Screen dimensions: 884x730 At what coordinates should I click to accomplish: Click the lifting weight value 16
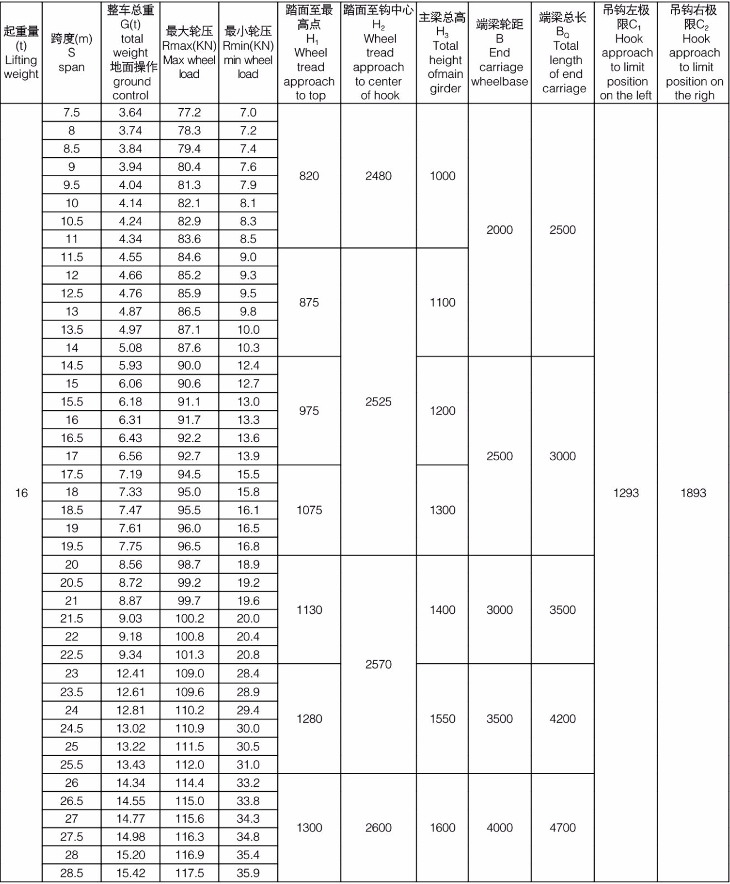[x=21, y=493]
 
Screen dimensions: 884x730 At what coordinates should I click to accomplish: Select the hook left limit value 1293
[x=626, y=493]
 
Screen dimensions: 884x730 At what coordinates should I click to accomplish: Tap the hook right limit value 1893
[x=693, y=493]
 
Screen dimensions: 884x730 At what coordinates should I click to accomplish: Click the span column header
[x=71, y=52]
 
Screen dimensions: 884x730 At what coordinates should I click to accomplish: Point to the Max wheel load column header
[x=189, y=52]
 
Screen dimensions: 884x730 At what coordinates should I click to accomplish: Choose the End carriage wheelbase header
[x=500, y=52]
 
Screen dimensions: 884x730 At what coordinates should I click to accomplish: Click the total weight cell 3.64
[x=130, y=113]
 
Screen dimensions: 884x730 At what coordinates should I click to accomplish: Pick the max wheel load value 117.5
[x=190, y=873]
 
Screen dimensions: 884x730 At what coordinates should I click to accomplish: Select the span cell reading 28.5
[x=72, y=873]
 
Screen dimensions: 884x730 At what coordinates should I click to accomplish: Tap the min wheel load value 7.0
[x=248, y=113]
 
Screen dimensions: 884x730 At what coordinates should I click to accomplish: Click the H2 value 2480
[x=378, y=176]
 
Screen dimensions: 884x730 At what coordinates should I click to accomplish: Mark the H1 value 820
[x=309, y=176]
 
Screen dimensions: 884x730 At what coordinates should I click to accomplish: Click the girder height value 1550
[x=442, y=719]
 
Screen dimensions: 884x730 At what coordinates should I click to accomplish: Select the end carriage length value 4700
[x=563, y=828]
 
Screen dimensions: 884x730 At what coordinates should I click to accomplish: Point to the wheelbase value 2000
[x=500, y=230]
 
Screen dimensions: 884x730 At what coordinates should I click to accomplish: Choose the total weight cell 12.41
[x=130, y=673]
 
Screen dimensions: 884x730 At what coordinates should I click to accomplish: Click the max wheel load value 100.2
[x=190, y=619]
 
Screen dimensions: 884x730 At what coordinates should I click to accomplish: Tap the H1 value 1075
[x=309, y=510]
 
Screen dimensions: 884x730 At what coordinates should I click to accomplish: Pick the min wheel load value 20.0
[x=248, y=619]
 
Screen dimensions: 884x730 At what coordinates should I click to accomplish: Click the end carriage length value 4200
[x=563, y=719]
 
